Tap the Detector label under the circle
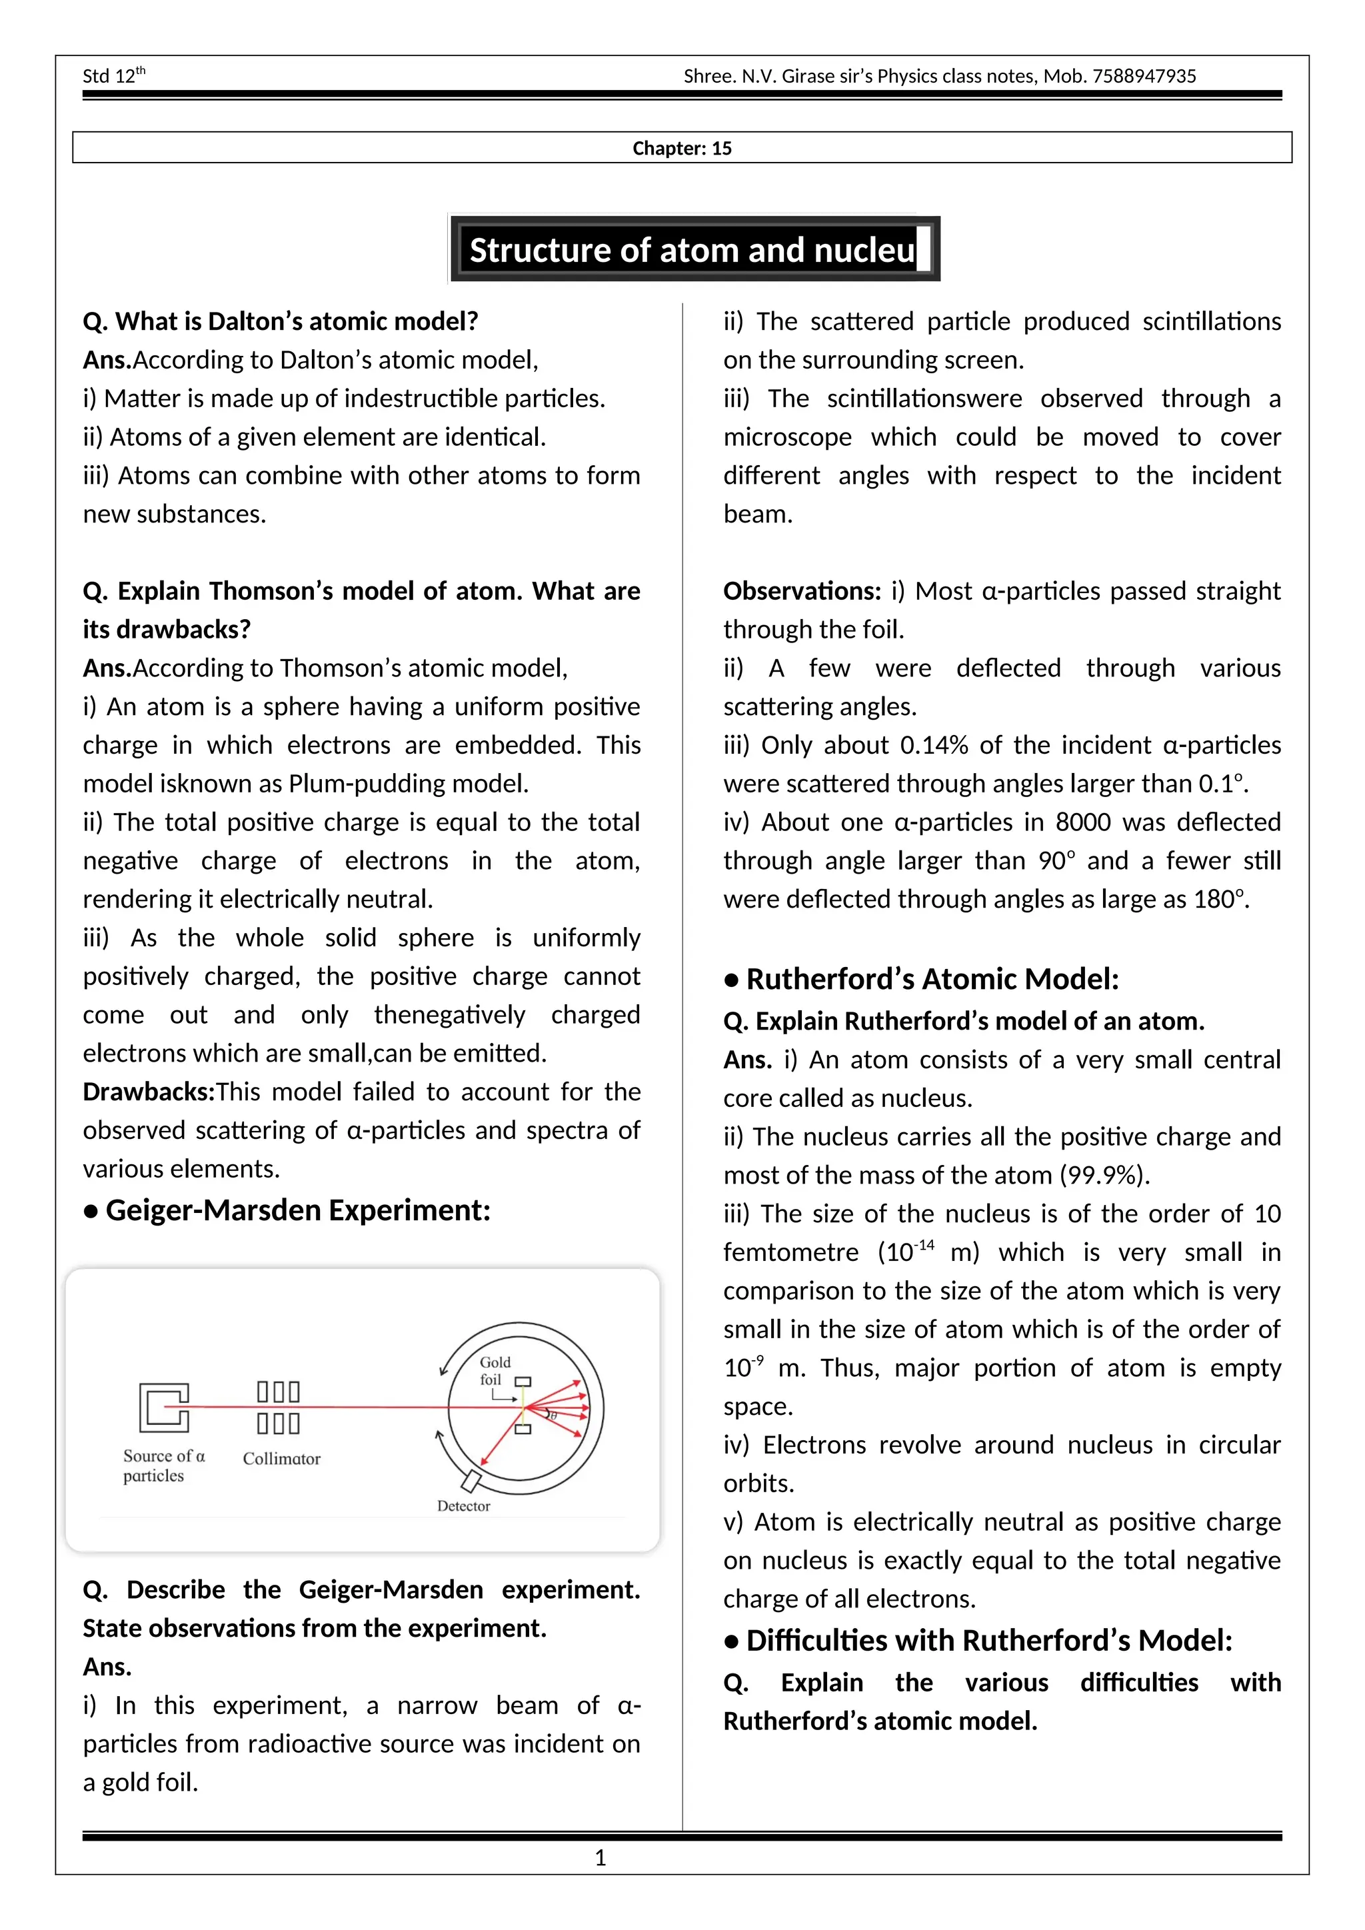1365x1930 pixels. click(463, 1505)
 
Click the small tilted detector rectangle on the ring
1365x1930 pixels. click(471, 1480)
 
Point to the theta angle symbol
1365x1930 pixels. click(553, 1416)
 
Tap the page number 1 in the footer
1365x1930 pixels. click(600, 1859)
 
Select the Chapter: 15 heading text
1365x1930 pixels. click(682, 149)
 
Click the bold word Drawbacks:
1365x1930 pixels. click(149, 1092)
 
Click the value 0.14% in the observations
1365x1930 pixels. click(934, 746)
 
